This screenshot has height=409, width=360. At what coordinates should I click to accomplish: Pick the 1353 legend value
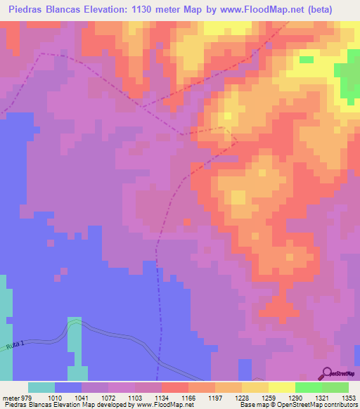point(349,397)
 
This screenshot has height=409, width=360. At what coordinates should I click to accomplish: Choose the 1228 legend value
point(242,397)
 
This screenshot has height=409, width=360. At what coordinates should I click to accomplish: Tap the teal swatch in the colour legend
point(41,387)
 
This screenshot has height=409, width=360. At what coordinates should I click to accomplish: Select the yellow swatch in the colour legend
point(281,387)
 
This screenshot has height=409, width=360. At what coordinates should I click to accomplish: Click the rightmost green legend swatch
point(335,387)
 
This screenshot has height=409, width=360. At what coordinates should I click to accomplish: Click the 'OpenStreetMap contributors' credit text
point(317,405)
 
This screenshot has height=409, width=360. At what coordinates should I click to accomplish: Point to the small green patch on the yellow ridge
point(306,59)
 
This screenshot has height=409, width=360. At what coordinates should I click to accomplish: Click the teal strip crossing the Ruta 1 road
point(75,337)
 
